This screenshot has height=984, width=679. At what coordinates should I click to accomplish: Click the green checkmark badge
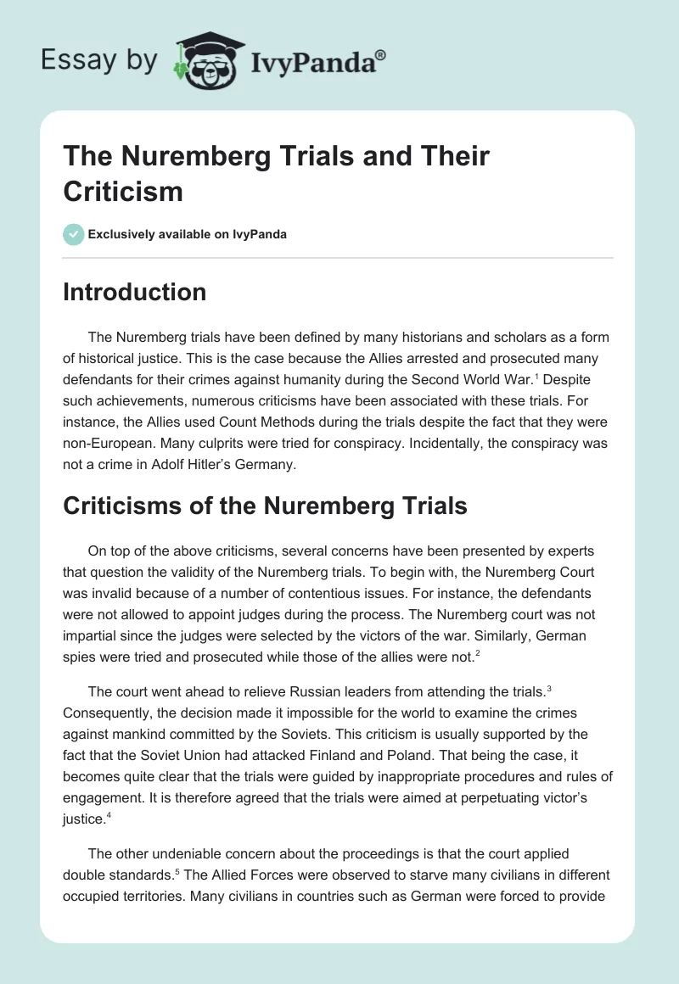click(74, 234)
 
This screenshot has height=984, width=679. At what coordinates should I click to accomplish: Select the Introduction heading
click(135, 292)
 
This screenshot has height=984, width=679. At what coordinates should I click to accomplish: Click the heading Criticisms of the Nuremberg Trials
click(265, 506)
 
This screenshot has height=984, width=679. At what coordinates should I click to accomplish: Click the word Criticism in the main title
click(123, 191)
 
